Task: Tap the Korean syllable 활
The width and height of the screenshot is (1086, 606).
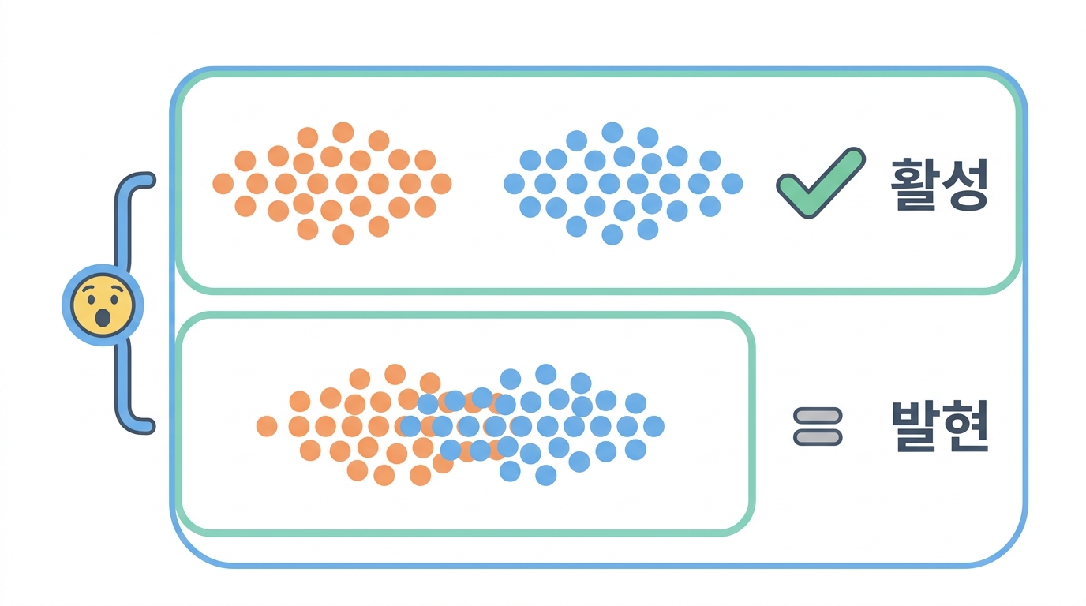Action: point(913,184)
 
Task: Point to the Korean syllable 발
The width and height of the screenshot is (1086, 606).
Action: point(915,426)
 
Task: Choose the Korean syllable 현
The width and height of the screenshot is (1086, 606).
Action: point(965,426)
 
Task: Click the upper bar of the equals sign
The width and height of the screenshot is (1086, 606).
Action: point(818,416)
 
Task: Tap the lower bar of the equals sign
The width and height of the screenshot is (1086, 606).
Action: point(818,438)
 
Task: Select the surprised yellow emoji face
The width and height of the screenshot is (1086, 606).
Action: point(103,305)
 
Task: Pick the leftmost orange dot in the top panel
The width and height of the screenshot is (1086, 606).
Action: point(223,184)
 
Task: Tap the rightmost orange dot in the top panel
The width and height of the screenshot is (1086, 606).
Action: point(441,184)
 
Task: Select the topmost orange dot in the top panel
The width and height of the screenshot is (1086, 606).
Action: point(343,133)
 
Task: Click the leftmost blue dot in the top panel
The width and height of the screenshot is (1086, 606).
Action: point(515,184)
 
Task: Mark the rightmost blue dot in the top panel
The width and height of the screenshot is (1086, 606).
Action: point(732,184)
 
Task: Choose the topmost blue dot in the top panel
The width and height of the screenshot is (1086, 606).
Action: point(612,133)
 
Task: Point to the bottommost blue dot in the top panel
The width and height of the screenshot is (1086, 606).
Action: point(612,234)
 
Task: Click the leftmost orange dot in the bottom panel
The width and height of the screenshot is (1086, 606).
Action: point(267,426)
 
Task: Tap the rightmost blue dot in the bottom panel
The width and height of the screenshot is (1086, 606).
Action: point(653,426)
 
